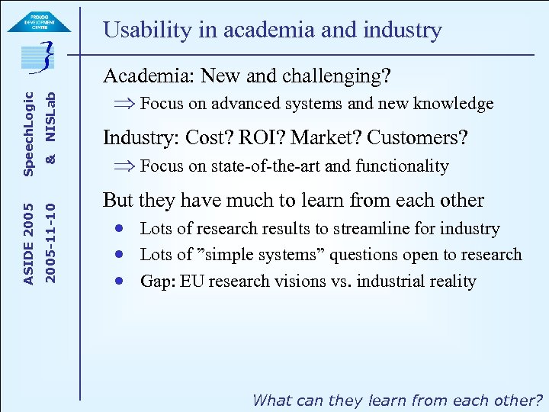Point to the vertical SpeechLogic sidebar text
(x=28, y=134)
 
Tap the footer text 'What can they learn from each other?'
(x=397, y=400)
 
